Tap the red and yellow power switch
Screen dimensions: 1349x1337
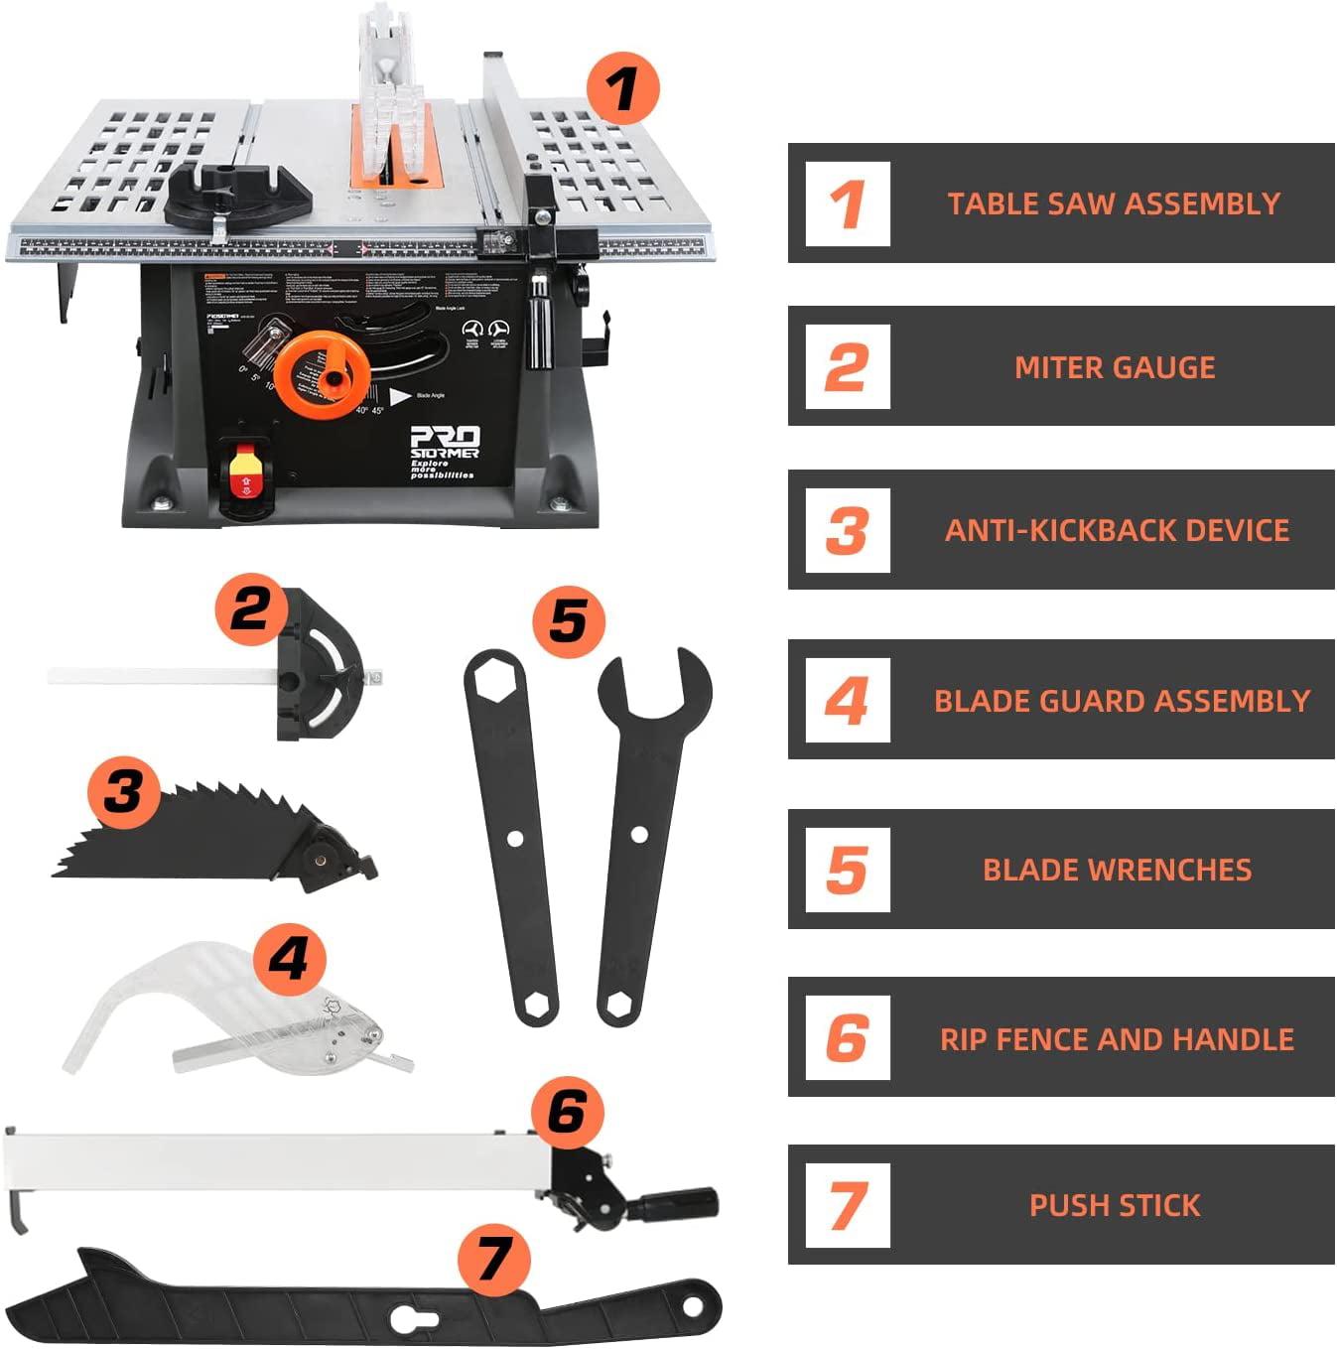click(x=244, y=474)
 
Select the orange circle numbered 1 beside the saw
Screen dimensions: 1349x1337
click(x=622, y=88)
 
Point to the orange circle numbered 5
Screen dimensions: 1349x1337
click(x=569, y=621)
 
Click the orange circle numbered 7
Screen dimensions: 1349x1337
click(x=493, y=1259)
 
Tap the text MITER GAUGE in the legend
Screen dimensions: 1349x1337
click(x=1115, y=367)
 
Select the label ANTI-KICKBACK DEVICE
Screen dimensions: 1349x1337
click(x=1117, y=530)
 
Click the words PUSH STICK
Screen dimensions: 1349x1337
click(x=1115, y=1205)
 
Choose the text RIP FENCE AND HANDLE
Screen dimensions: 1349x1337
click(x=1117, y=1039)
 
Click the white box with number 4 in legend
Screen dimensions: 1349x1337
click(x=847, y=700)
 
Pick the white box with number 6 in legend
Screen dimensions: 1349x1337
click(x=847, y=1038)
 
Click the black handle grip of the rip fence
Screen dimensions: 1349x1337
click(x=686, y=1203)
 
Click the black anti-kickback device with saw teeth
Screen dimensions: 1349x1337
click(x=199, y=839)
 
